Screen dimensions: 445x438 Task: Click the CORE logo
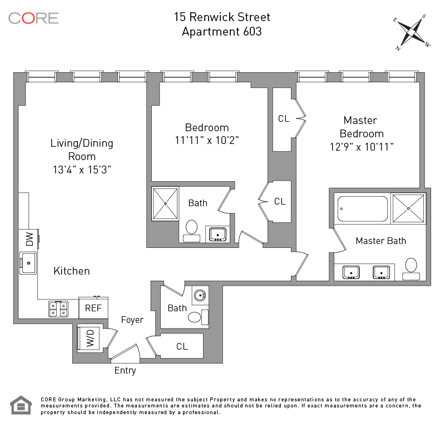coord(33,18)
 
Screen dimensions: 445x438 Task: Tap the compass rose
coord(412,32)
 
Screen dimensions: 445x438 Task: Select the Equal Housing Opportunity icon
coord(21,405)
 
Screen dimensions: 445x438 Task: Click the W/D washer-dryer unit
coord(89,339)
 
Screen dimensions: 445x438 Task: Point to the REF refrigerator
coord(93,308)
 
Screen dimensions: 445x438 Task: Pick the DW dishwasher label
coord(29,239)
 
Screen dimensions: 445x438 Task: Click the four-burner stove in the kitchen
coord(58,308)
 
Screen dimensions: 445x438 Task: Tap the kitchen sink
coord(28,263)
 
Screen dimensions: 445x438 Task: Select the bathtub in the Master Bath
coord(363,209)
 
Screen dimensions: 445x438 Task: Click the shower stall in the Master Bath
coord(408,208)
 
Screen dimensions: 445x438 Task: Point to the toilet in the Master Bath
coord(411,269)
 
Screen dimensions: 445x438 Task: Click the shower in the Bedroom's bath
coord(165,203)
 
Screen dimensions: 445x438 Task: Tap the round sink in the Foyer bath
coord(200,295)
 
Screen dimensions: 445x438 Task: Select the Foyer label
coord(132,320)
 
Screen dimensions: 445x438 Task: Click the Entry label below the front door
coord(125,371)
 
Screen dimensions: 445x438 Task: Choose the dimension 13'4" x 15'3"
coord(82,170)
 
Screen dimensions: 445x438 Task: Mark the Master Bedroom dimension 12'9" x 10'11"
coord(362,147)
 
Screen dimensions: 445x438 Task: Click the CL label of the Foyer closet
coord(182,346)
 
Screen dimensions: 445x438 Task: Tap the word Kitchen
coord(72,271)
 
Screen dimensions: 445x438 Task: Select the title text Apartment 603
coord(222,32)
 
